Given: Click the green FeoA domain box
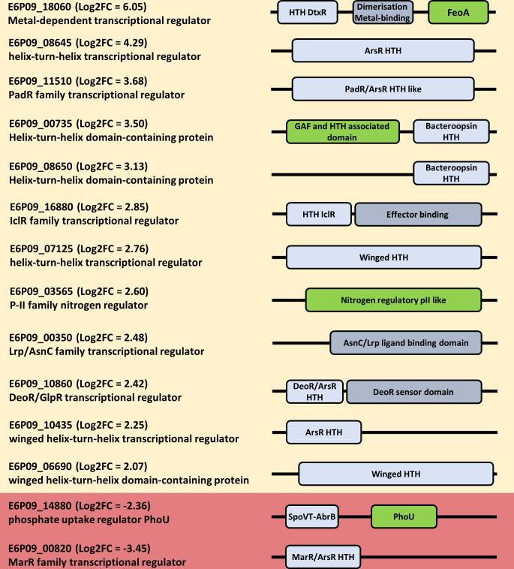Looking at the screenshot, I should click(x=458, y=12).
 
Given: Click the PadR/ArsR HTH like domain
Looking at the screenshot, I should click(x=383, y=89).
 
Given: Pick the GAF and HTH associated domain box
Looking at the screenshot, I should click(x=342, y=131).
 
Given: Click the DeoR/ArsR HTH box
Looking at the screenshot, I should click(x=315, y=392).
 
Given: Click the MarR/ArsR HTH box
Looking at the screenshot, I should click(x=323, y=558).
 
